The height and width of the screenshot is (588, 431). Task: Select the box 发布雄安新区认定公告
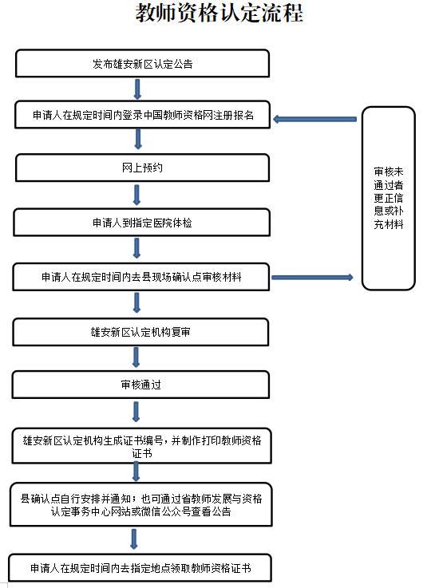click(x=142, y=63)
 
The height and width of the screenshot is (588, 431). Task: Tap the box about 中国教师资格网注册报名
click(x=142, y=116)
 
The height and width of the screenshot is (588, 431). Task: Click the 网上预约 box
click(x=142, y=168)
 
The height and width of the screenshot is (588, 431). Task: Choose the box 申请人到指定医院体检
click(x=142, y=223)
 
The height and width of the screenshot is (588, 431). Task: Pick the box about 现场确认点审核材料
click(x=142, y=278)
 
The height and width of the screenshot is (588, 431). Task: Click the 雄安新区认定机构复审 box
click(x=142, y=331)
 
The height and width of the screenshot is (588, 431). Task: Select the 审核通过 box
click(x=142, y=385)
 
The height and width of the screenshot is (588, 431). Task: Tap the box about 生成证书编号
click(x=142, y=445)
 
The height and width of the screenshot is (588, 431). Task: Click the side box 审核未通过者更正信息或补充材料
click(x=389, y=198)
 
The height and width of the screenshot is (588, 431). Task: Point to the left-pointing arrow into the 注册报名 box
click(x=315, y=120)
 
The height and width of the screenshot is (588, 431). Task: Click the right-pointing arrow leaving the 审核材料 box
click(x=312, y=278)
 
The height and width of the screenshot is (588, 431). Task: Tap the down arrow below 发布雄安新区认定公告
click(x=138, y=89)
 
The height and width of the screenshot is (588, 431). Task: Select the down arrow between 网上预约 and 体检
click(x=138, y=195)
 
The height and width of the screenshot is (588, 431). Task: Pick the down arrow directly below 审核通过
click(x=138, y=412)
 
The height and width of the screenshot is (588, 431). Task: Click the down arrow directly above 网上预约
click(x=138, y=140)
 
